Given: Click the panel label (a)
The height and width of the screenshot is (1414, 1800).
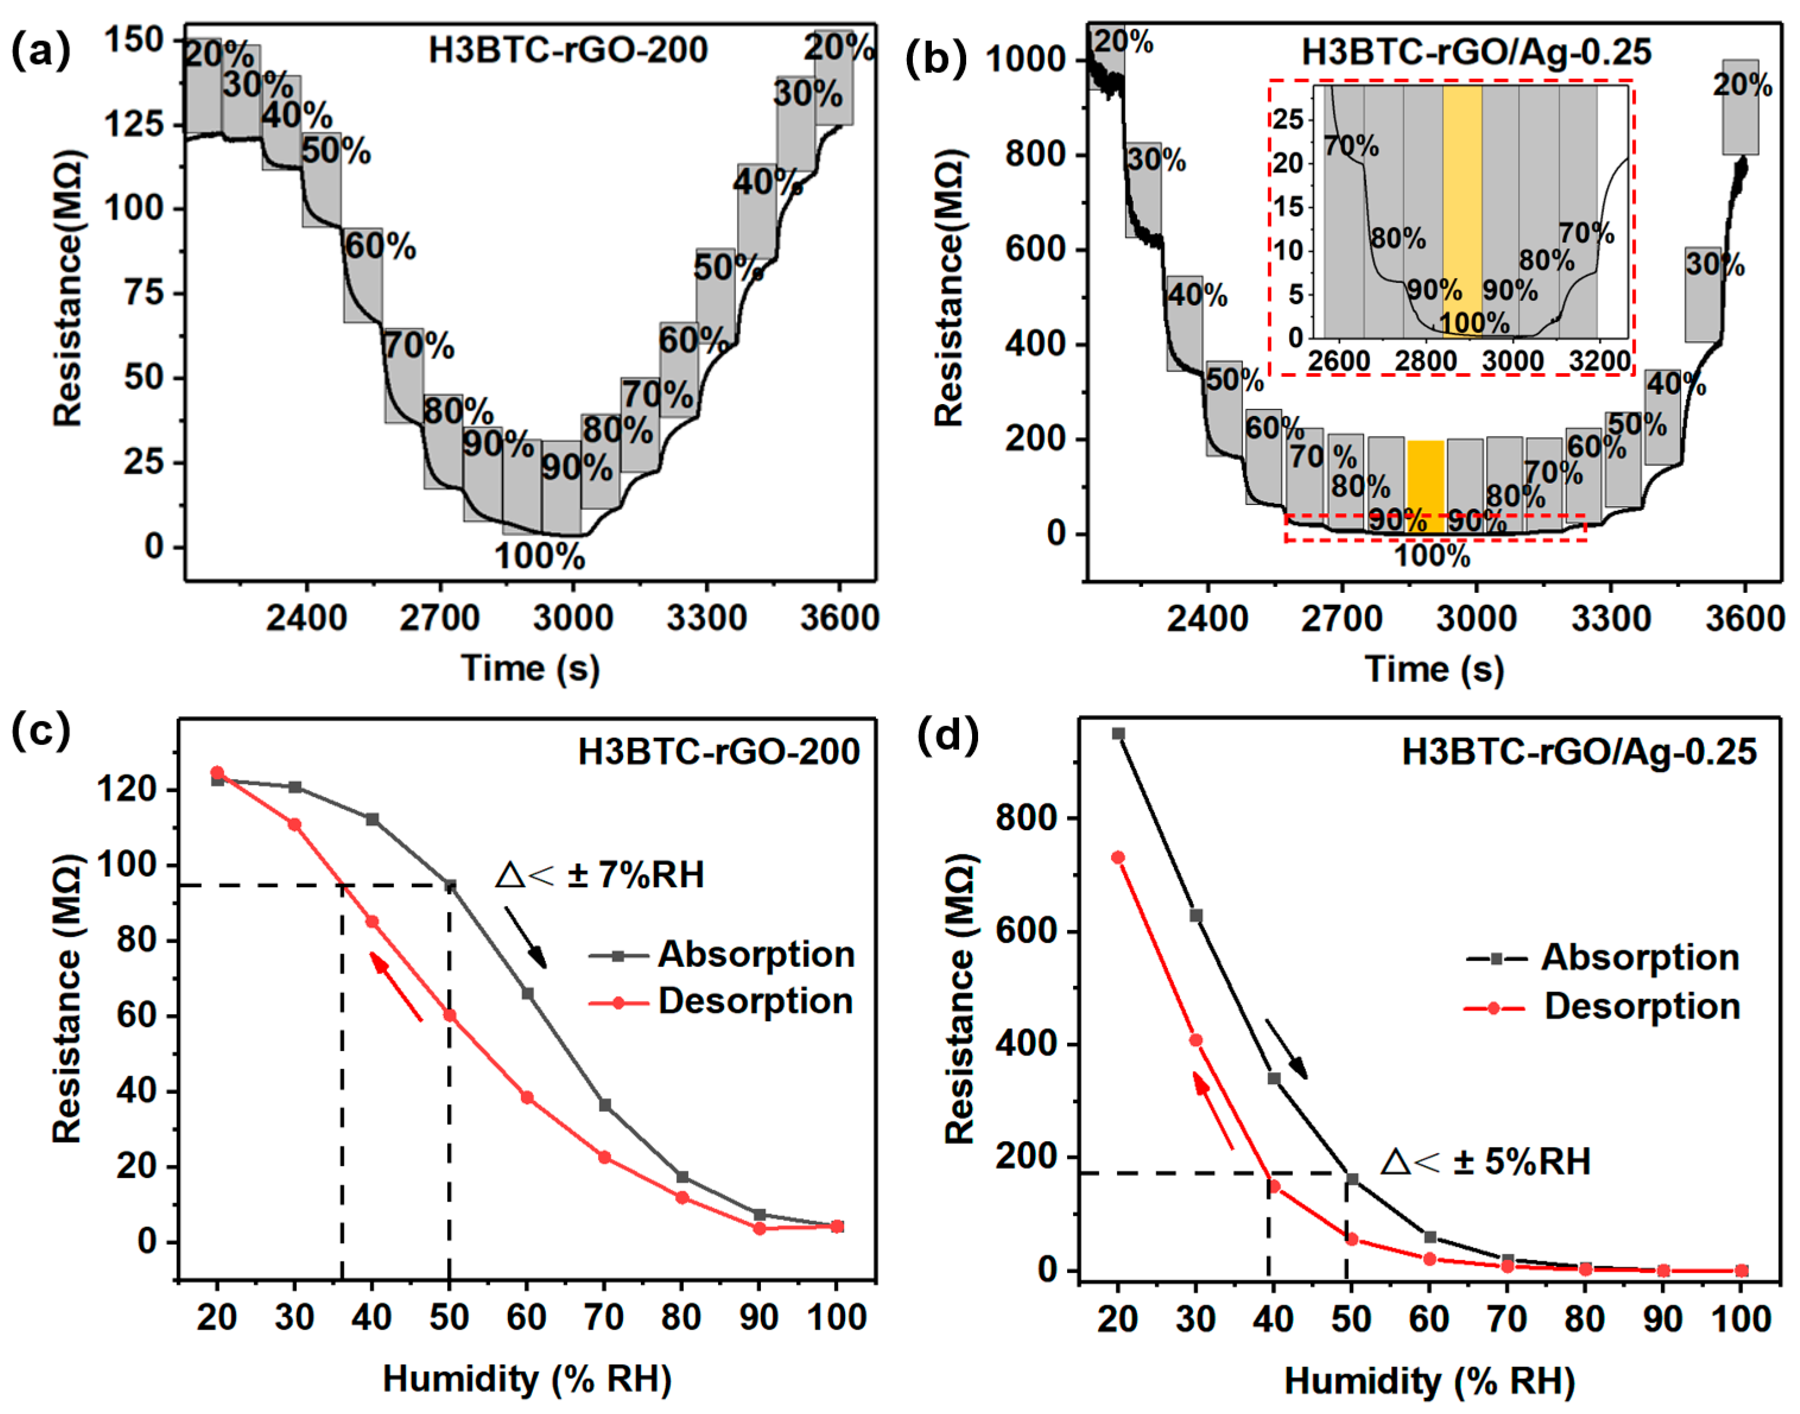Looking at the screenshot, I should point(40,52).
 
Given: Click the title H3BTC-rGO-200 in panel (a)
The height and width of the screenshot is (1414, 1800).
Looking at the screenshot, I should point(568,50).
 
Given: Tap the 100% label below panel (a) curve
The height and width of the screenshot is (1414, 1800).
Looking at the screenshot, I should point(540,557).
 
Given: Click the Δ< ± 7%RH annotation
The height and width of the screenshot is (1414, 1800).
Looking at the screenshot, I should point(600,875).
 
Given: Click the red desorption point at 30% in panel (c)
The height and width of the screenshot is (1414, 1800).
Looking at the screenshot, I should point(295,825).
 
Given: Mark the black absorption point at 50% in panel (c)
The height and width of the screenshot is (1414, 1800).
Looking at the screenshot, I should point(450,885).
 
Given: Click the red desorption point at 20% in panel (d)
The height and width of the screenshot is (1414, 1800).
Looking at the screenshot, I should point(1118,857).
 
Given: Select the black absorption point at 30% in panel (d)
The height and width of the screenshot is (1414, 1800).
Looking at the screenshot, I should point(1196,915).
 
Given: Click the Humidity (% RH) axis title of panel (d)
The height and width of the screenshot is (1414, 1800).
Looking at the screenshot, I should point(1429,1381).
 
